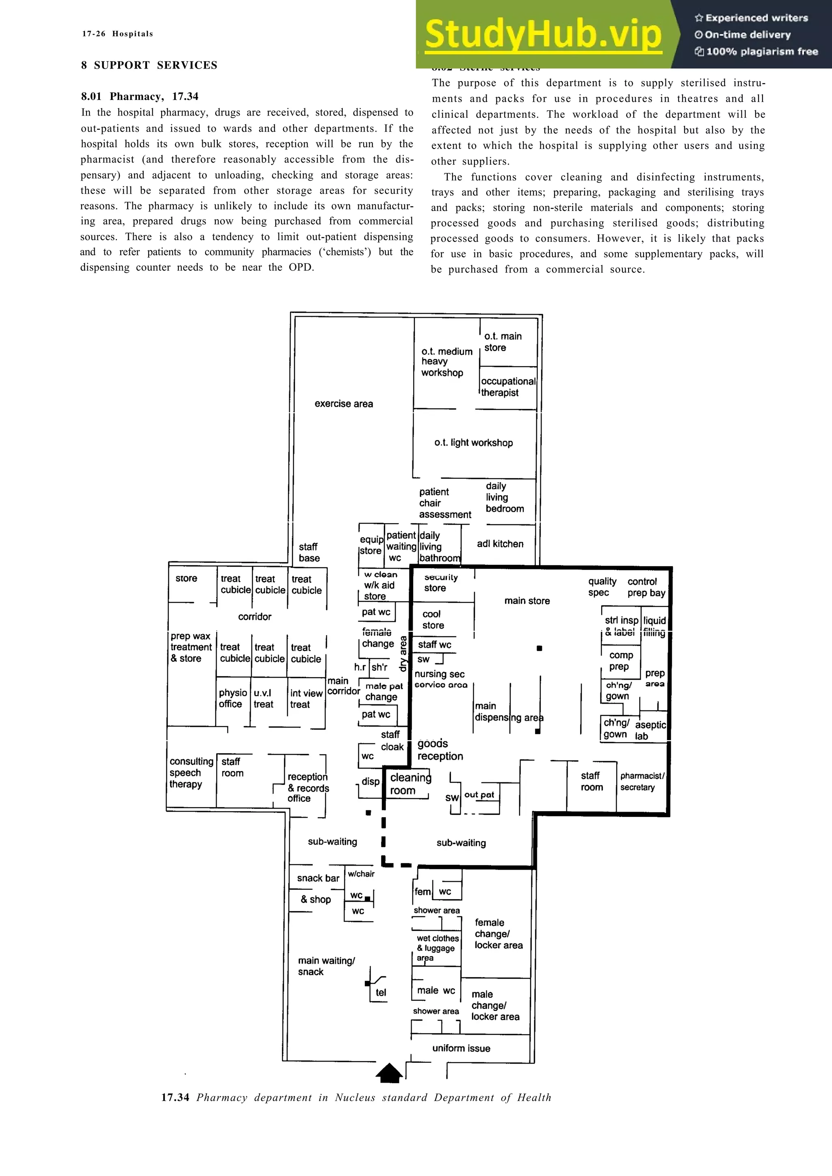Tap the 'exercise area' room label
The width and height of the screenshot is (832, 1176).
tap(343, 404)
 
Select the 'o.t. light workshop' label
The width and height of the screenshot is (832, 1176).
tap(473, 443)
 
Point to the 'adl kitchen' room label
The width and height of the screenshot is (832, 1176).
tap(500, 544)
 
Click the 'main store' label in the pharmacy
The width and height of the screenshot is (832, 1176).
tap(526, 601)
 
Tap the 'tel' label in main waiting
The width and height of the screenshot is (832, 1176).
tap(380, 992)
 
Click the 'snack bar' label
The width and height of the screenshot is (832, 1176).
tap(318, 878)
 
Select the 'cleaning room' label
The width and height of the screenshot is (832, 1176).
tap(410, 784)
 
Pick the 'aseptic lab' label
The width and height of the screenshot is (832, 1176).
tap(650, 730)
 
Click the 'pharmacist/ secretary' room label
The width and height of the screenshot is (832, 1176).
tap(641, 782)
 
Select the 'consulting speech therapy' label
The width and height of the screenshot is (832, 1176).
tap(191, 773)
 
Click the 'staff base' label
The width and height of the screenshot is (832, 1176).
tap(309, 552)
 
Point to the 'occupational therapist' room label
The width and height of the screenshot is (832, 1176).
tap(507, 387)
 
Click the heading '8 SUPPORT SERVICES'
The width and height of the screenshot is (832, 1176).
tap(149, 65)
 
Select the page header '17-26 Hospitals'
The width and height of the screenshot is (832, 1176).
tap(117, 34)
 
